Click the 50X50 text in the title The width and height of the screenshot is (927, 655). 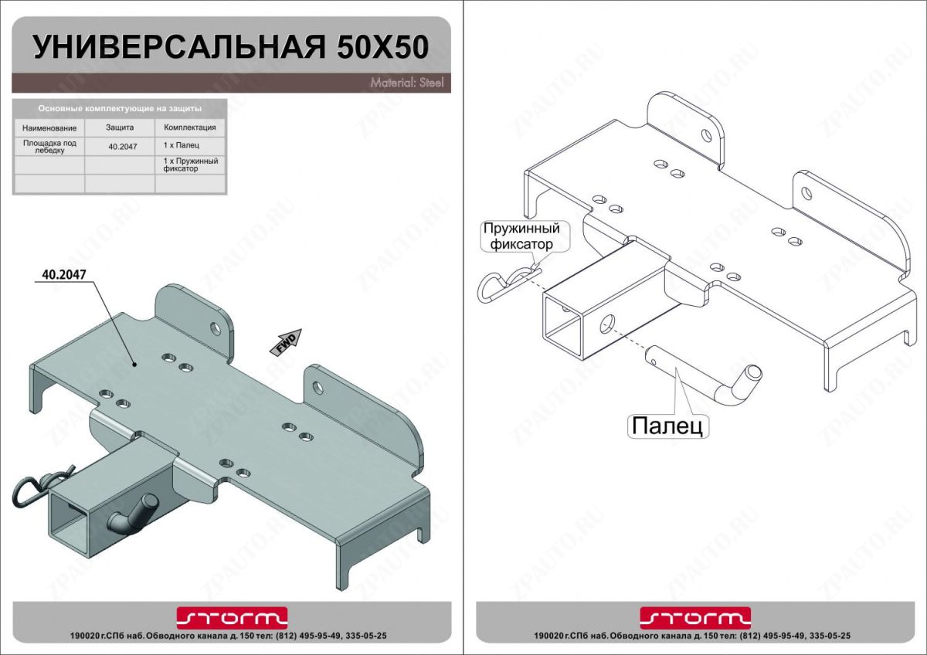pyautogui.click(x=382, y=47)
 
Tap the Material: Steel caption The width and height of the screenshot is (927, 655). pyautogui.click(x=406, y=83)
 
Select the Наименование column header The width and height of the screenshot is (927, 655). pyautogui.click(x=49, y=127)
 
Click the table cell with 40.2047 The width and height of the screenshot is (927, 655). pyautogui.click(x=120, y=146)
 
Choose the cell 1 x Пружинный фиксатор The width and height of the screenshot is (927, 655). pyautogui.click(x=191, y=164)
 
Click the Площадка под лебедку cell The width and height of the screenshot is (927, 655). pyautogui.click(x=49, y=146)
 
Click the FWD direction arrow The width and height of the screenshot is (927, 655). pyautogui.click(x=286, y=341)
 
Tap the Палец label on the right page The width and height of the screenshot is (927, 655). pyautogui.click(x=667, y=426)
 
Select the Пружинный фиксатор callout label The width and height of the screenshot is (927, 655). pyautogui.click(x=519, y=236)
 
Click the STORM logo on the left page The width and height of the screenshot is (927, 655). pyautogui.click(x=232, y=616)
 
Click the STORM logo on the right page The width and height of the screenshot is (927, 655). pyautogui.click(x=695, y=616)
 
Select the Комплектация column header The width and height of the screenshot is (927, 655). pyautogui.click(x=190, y=127)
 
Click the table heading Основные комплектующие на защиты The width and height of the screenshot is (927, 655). pyautogui.click(x=120, y=109)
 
